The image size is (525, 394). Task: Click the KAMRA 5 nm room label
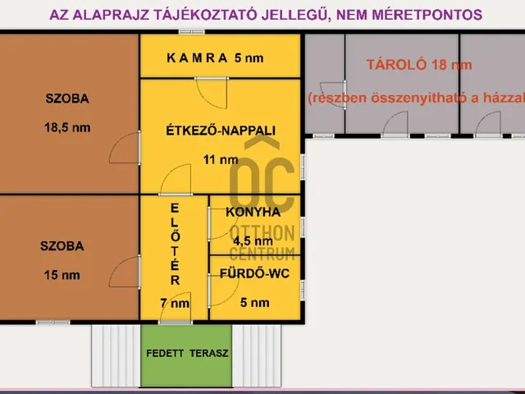pyautogui.click(x=215, y=57)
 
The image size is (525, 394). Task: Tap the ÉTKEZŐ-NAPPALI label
pyautogui.click(x=220, y=130)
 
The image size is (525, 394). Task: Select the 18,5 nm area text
pyautogui.click(x=67, y=127)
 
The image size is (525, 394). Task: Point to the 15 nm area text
pyautogui.click(x=62, y=273)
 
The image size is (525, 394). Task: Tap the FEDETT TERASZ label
pyautogui.click(x=187, y=354)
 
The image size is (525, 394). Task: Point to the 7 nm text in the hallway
pyautogui.click(x=174, y=303)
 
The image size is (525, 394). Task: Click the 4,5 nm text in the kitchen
pyautogui.click(x=253, y=241)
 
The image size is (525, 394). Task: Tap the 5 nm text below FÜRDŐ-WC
pyautogui.click(x=254, y=302)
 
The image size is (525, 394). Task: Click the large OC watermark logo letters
pyautogui.click(x=261, y=185)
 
